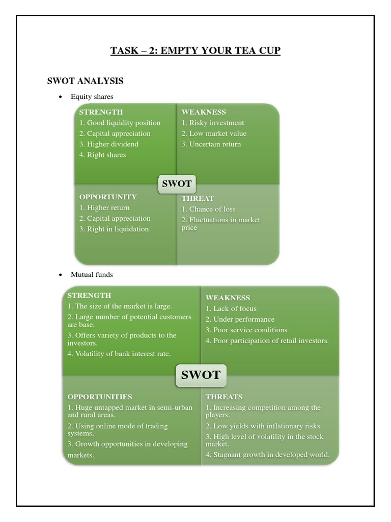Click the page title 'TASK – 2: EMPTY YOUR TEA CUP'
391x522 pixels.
click(x=195, y=51)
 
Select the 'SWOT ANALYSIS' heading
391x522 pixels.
click(x=85, y=81)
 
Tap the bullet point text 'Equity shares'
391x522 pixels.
click(x=92, y=96)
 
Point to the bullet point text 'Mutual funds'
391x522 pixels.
click(x=92, y=275)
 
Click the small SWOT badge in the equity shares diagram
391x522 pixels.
click(x=177, y=184)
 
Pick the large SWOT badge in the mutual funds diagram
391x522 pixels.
click(x=201, y=375)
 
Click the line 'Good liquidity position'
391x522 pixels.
click(x=120, y=123)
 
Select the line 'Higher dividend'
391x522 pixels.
click(x=109, y=144)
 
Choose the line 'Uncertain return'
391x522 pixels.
click(x=211, y=144)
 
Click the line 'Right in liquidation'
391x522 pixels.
click(x=114, y=229)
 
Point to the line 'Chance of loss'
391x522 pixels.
click(x=209, y=209)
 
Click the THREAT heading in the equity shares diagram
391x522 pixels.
click(x=198, y=198)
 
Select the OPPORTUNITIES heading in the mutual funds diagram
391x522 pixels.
click(x=100, y=397)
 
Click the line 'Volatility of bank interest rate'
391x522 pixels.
click(x=119, y=354)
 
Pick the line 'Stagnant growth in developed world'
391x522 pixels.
click(x=268, y=455)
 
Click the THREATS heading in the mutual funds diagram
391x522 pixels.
click(x=224, y=397)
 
